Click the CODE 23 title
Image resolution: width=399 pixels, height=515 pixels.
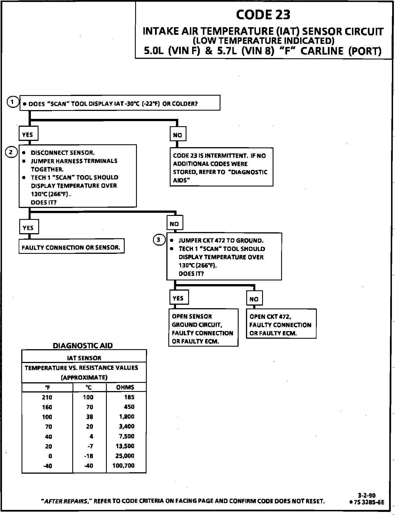pyautogui.click(x=263, y=15)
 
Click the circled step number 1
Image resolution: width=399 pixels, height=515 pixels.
pyautogui.click(x=12, y=102)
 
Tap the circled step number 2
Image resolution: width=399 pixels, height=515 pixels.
pyautogui.click(x=11, y=153)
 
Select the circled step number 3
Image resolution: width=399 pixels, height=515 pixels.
pyautogui.click(x=159, y=240)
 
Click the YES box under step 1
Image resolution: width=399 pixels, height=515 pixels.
pyautogui.click(x=28, y=134)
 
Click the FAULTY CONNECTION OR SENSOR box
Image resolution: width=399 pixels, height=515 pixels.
pyautogui.click(x=71, y=247)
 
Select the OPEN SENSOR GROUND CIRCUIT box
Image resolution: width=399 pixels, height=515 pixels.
pyautogui.click(x=203, y=328)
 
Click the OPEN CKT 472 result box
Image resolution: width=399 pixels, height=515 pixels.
pyautogui.click(x=281, y=325)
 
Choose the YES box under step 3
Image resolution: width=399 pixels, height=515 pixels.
pyautogui.click(x=178, y=298)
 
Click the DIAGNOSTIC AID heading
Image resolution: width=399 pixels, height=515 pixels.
pyautogui.click(x=83, y=346)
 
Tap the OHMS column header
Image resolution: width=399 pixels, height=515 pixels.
pyautogui.click(x=125, y=387)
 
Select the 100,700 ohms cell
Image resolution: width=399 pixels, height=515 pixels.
pyautogui.click(x=124, y=465)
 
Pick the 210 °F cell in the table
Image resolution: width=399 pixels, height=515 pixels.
pyautogui.click(x=47, y=397)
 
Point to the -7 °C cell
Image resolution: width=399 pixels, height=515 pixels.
pyautogui.click(x=90, y=446)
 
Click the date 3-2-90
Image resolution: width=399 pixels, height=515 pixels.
pyautogui.click(x=367, y=495)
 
